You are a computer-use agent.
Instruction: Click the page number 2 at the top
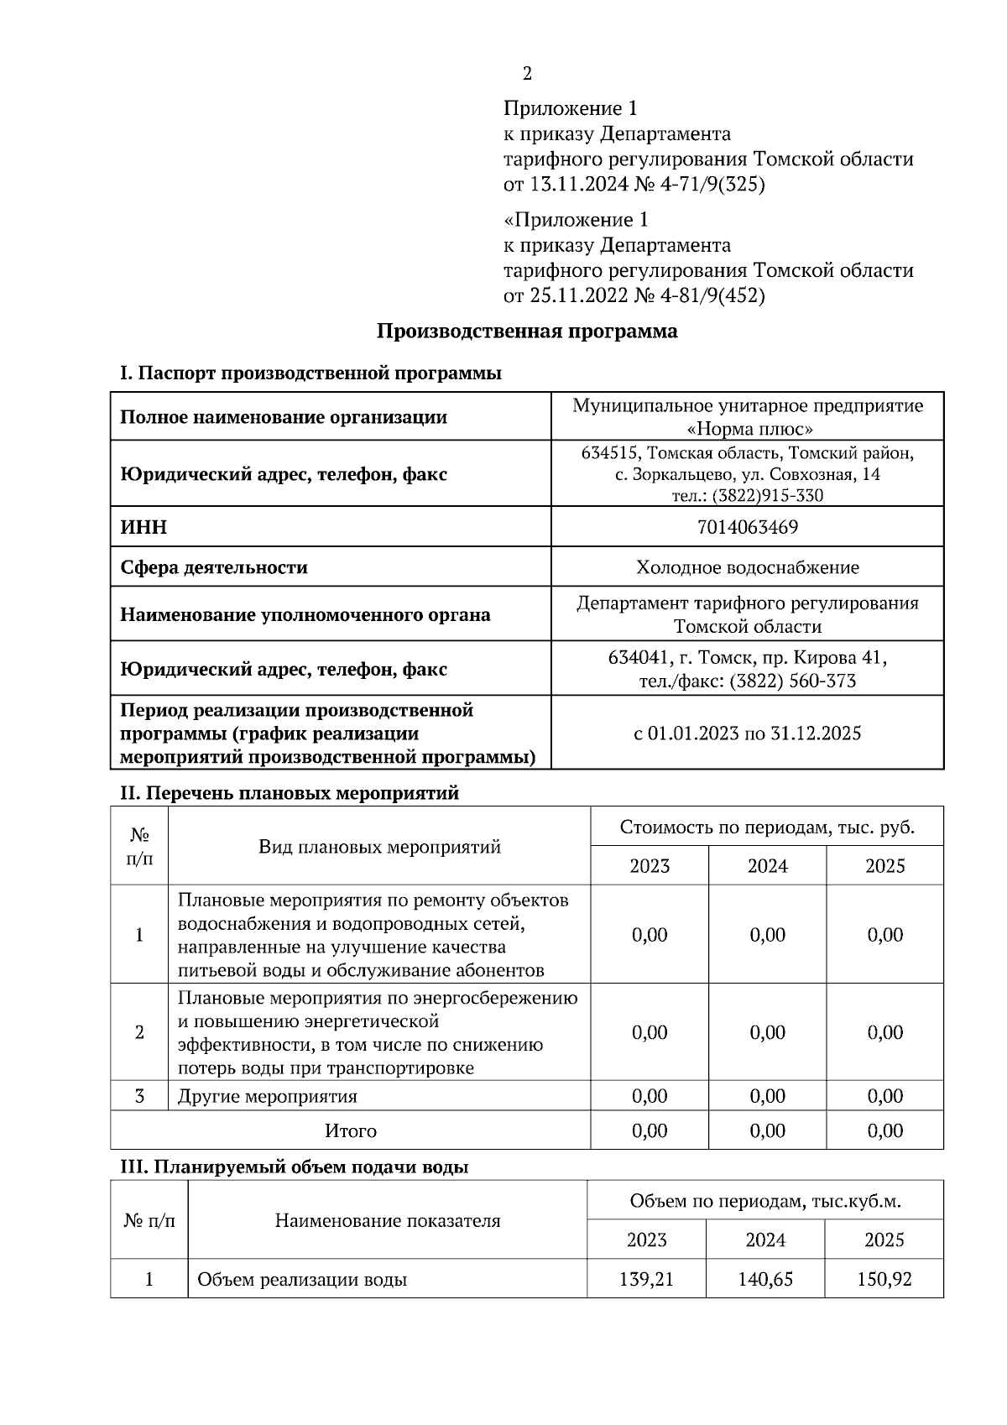[x=527, y=74]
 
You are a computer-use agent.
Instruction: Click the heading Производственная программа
[x=527, y=331]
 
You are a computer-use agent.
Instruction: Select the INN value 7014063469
[x=747, y=527]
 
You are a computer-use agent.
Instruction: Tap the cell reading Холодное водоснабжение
[x=747, y=567]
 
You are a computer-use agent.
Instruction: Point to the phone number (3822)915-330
[x=767, y=496]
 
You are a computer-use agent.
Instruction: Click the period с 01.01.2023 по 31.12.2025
[x=747, y=733]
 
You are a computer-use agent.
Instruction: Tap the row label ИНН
[x=143, y=527]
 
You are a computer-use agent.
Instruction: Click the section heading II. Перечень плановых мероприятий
[x=290, y=793]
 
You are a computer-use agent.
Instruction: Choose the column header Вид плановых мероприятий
[x=379, y=846]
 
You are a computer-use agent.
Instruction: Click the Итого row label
[x=351, y=1131]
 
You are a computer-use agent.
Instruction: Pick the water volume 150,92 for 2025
[x=884, y=1280]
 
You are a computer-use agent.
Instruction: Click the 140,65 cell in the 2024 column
[x=765, y=1280]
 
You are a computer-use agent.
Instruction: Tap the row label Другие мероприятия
[x=267, y=1097]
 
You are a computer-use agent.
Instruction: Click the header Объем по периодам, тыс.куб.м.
[x=765, y=1201]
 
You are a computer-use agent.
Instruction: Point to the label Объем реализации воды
[x=302, y=1281]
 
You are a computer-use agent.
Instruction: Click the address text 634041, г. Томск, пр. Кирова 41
[x=747, y=658]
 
